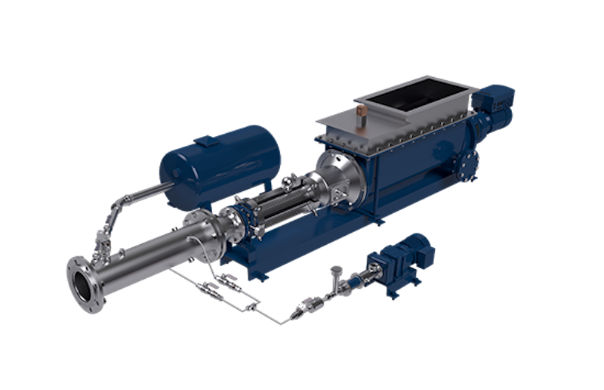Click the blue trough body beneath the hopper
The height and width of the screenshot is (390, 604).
[408, 181]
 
